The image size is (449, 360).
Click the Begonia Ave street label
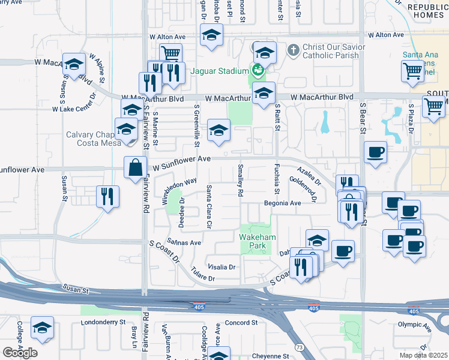pyautogui.click(x=282, y=203)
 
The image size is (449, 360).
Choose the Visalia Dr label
pyautogui.click(x=221, y=266)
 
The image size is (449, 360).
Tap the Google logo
pyautogui.click(x=20, y=352)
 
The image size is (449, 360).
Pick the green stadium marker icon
pyautogui.click(x=259, y=70)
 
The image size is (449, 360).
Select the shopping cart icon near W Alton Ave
pyautogui.click(x=171, y=53)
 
